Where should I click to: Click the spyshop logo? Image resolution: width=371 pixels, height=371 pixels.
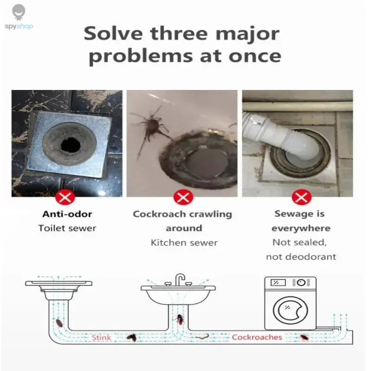19,18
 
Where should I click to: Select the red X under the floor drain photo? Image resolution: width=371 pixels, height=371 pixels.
65,198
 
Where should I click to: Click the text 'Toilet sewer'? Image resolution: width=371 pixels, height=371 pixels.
67,228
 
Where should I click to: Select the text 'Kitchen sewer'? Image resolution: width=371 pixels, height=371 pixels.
184,243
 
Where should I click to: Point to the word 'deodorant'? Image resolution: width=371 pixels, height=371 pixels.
313,257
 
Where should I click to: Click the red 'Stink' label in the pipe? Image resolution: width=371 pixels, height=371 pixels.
101,337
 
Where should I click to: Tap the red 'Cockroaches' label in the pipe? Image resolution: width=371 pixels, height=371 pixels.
257,337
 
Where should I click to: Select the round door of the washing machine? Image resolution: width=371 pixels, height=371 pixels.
290,310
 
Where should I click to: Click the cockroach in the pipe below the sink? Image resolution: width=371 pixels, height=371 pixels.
179,319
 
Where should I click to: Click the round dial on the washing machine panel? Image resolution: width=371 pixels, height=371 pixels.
301,282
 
